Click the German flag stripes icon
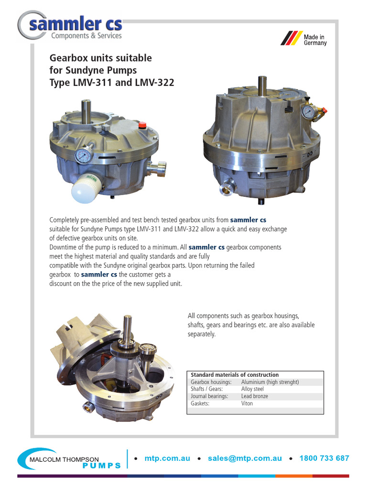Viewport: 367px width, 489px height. click(x=289, y=38)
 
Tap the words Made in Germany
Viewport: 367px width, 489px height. click(x=315, y=40)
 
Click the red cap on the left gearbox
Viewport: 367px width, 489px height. click(x=141, y=126)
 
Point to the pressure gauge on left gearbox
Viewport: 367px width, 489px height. click(x=84, y=157)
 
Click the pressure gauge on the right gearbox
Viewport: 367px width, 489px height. click(x=308, y=112)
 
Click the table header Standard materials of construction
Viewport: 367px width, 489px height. click(x=235, y=375)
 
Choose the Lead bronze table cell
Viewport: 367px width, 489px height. click(x=255, y=396)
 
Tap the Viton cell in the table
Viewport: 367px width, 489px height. click(x=247, y=404)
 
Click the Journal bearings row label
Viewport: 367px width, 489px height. click(x=209, y=396)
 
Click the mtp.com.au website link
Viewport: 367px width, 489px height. click(x=167, y=458)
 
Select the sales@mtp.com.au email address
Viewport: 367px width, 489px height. click(x=245, y=458)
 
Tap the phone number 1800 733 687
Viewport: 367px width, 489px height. click(x=324, y=458)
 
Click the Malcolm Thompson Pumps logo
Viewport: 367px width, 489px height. click(x=70, y=459)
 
